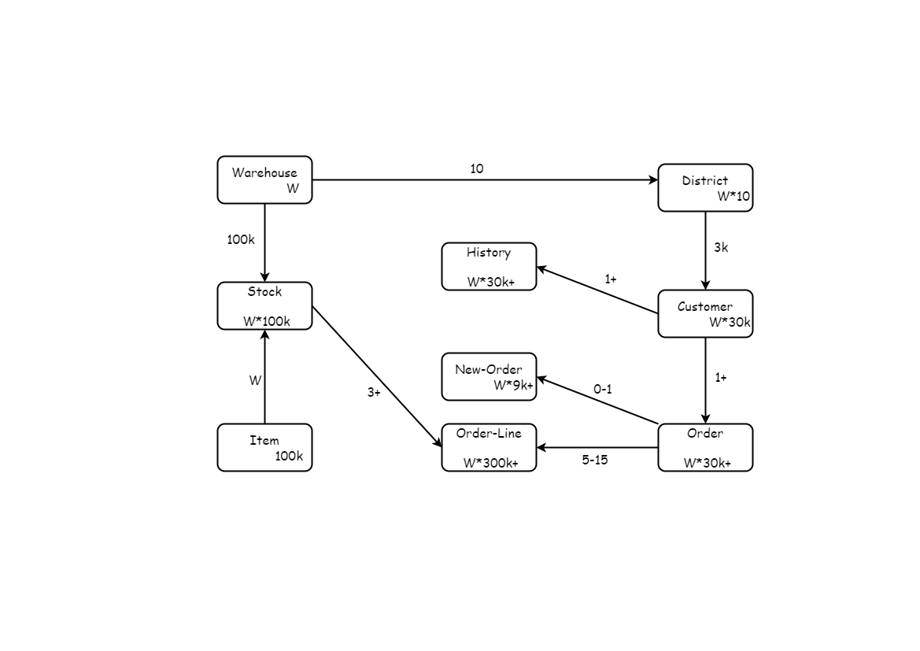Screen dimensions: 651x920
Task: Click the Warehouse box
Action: point(264,179)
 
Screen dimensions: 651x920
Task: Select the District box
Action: point(705,187)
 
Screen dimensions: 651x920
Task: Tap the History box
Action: point(489,266)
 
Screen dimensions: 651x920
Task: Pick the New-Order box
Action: point(489,376)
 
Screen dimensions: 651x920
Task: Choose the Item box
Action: point(264,447)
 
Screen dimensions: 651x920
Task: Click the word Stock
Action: point(264,292)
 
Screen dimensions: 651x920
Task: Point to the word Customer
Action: point(705,307)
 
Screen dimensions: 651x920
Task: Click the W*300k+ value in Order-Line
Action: point(490,463)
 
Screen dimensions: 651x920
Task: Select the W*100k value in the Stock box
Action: point(267,321)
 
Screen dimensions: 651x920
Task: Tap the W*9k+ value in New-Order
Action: point(513,385)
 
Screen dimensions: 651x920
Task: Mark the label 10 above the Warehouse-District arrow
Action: point(477,168)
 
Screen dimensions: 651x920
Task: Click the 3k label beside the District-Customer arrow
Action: point(721,247)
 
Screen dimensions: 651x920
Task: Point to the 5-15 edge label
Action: point(595,460)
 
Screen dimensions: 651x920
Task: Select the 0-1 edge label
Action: point(603,389)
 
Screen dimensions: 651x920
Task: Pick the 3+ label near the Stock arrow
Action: point(374,392)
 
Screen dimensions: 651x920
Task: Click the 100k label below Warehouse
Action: point(241,239)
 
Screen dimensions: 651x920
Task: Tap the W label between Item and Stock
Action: point(255,380)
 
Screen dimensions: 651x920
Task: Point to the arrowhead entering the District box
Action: point(652,179)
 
